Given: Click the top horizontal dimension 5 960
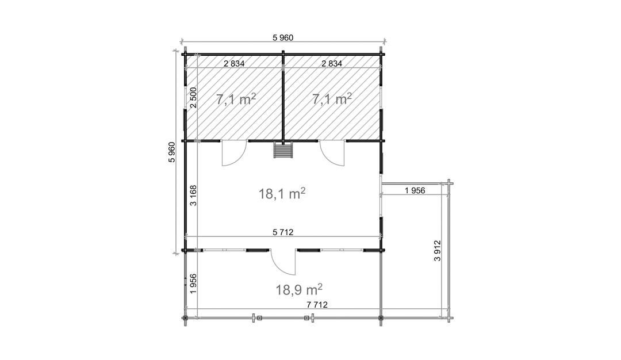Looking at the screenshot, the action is pos(283,37).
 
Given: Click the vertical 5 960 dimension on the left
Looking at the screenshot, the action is pos(171,152).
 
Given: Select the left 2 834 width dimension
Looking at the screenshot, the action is pos(234,63).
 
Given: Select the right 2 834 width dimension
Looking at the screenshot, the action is pos(332,63).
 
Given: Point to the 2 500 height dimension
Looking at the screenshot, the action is pos(193,97).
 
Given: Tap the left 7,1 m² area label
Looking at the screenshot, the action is pos(236,99).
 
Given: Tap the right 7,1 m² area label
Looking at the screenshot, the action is pos(332,98).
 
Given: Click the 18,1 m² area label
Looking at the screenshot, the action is pos(282,194).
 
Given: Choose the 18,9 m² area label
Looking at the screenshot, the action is pos(299,289).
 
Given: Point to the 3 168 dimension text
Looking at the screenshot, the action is pos(193,196).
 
